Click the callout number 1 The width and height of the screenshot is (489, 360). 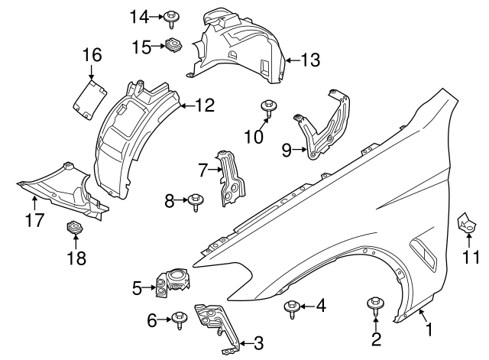click(429, 330)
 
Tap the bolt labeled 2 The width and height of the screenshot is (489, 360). click(375, 303)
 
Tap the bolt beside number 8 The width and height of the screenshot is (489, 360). click(194, 201)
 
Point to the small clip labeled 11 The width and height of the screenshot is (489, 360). click(466, 224)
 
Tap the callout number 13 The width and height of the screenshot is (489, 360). click(311, 59)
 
